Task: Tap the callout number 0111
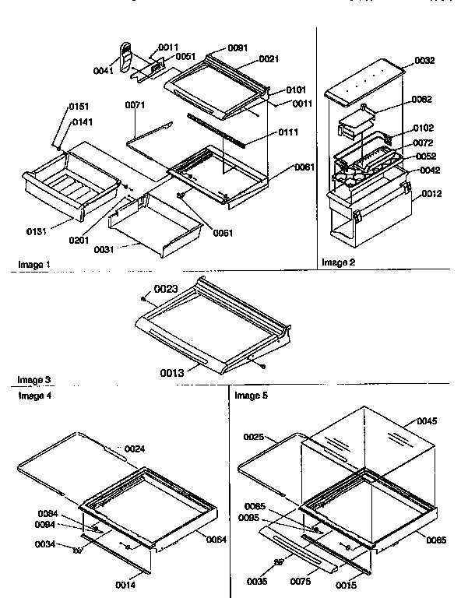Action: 288,133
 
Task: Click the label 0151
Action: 79,107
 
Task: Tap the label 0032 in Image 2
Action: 424,60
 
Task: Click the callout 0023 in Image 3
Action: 167,289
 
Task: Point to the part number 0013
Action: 173,374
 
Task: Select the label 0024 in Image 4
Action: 135,448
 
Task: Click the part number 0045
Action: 427,421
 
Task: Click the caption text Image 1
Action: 35,265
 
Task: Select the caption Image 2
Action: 338,262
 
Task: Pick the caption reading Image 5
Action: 250,396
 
